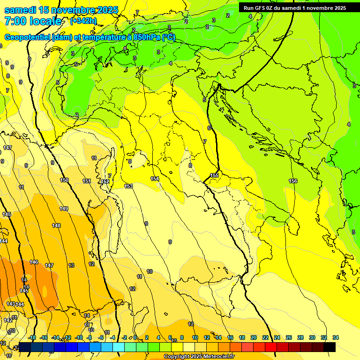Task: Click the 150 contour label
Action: (x=64, y=180)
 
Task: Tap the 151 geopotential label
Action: (x=87, y=181)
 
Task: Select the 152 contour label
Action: (x=105, y=181)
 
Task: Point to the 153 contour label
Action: (x=128, y=187)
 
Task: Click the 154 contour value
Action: (x=155, y=179)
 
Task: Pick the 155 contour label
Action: (x=214, y=175)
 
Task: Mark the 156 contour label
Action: (x=293, y=181)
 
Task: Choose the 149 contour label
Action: (x=64, y=209)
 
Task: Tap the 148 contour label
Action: (x=56, y=225)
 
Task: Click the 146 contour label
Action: (x=34, y=262)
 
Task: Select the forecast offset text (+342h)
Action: (x=83, y=21)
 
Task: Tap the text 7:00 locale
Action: (x=33, y=21)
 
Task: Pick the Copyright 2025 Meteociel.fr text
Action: (x=199, y=357)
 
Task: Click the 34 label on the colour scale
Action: (x=336, y=337)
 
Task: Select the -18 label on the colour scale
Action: (x=32, y=337)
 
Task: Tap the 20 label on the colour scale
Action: (x=253, y=337)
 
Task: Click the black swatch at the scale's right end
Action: (x=330, y=347)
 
